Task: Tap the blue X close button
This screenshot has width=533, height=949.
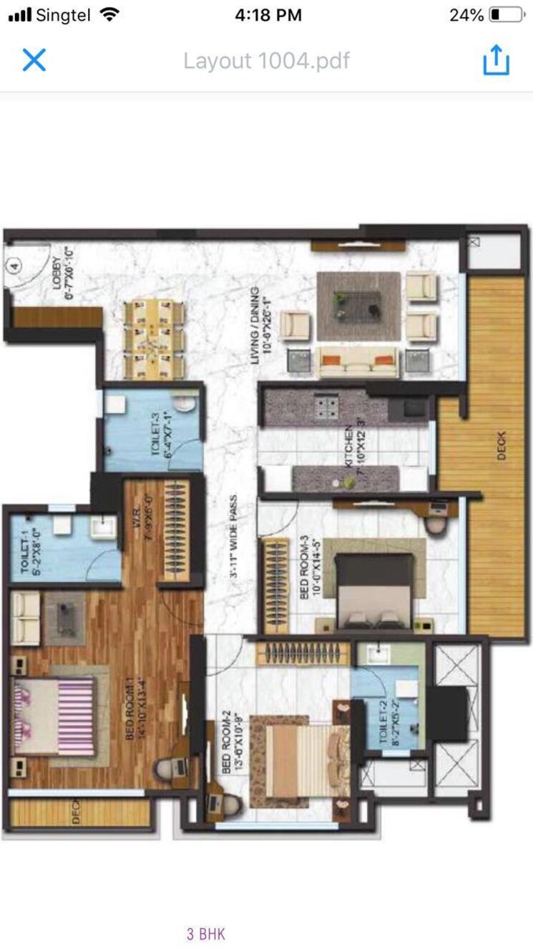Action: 34,60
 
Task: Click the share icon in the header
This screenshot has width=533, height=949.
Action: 496,60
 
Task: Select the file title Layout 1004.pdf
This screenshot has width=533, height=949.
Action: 266,61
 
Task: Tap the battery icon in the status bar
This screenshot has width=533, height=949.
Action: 505,14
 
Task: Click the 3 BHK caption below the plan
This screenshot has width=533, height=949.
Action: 206,933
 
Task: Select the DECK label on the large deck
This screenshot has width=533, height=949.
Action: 500,446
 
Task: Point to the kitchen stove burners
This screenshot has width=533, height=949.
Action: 327,407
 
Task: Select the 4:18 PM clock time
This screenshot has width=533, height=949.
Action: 267,14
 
